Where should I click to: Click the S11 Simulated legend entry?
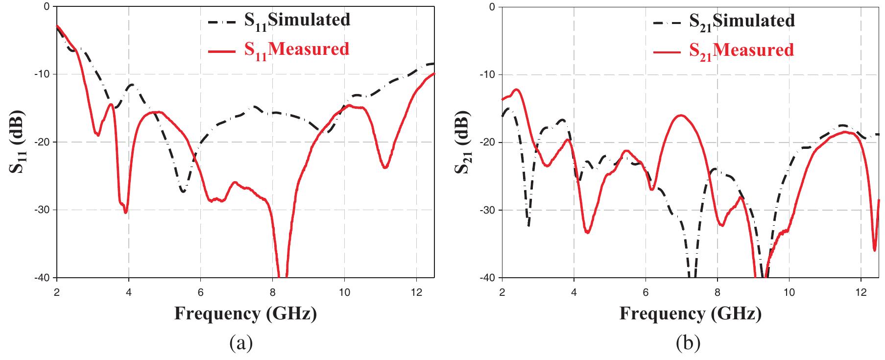point(279,21)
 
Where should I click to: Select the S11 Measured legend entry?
point(279,49)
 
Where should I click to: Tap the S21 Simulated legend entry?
point(724,21)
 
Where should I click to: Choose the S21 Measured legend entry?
point(723,50)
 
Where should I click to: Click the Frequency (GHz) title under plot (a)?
point(245,313)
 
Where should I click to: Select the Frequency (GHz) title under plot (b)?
point(691,313)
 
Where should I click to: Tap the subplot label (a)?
point(241,344)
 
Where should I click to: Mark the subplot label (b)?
point(688,344)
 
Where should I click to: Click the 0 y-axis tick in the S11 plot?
point(47,6)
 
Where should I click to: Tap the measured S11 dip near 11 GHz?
point(385,168)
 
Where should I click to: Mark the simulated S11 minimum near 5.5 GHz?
point(183,191)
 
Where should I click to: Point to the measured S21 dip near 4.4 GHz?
point(587,232)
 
